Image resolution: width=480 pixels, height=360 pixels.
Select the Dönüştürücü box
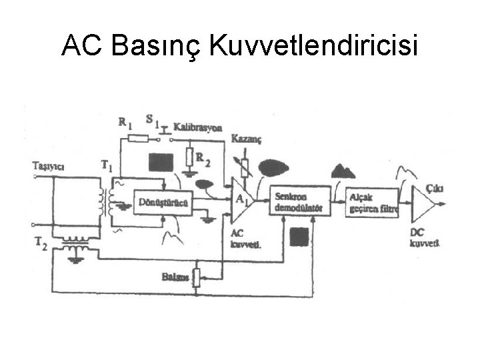(x=163, y=203)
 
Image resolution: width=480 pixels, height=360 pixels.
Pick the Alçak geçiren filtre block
(x=373, y=202)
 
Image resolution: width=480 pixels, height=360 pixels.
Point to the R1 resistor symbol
(x=138, y=139)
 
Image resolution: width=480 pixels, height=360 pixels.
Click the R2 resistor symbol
(x=189, y=157)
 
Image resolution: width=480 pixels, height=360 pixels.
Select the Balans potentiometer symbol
(x=196, y=277)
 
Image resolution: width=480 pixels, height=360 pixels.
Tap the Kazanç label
(x=246, y=139)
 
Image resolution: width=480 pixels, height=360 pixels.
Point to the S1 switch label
(x=152, y=121)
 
